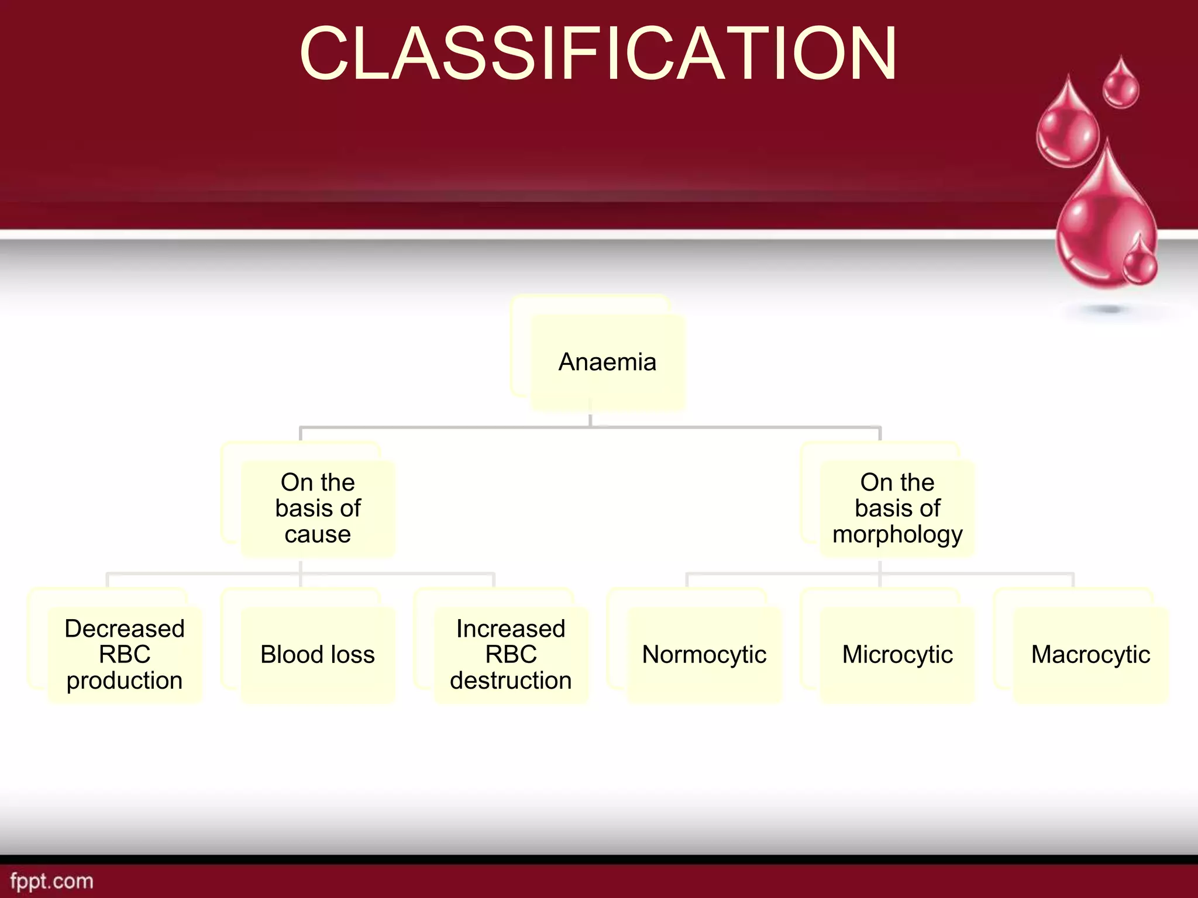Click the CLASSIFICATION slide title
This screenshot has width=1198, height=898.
(598, 54)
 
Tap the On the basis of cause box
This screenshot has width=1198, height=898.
(318, 508)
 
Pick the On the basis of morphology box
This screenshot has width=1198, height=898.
(897, 508)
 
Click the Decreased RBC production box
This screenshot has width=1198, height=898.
(125, 654)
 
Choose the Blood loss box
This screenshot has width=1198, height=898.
(318, 654)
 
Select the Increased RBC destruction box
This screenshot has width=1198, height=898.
(511, 654)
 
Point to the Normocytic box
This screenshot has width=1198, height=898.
(704, 654)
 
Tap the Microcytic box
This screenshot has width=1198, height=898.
(897, 654)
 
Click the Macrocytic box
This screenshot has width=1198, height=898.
(1090, 654)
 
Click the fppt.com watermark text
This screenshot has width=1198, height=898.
(51, 880)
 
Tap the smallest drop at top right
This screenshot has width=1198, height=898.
(1121, 87)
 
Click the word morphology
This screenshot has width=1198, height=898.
(897, 535)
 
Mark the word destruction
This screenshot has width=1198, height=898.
(511, 681)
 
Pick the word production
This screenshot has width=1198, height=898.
(125, 681)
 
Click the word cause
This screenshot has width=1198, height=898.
(318, 534)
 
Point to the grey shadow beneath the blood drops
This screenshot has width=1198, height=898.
(1109, 309)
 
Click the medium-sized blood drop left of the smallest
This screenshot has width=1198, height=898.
(1067, 132)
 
